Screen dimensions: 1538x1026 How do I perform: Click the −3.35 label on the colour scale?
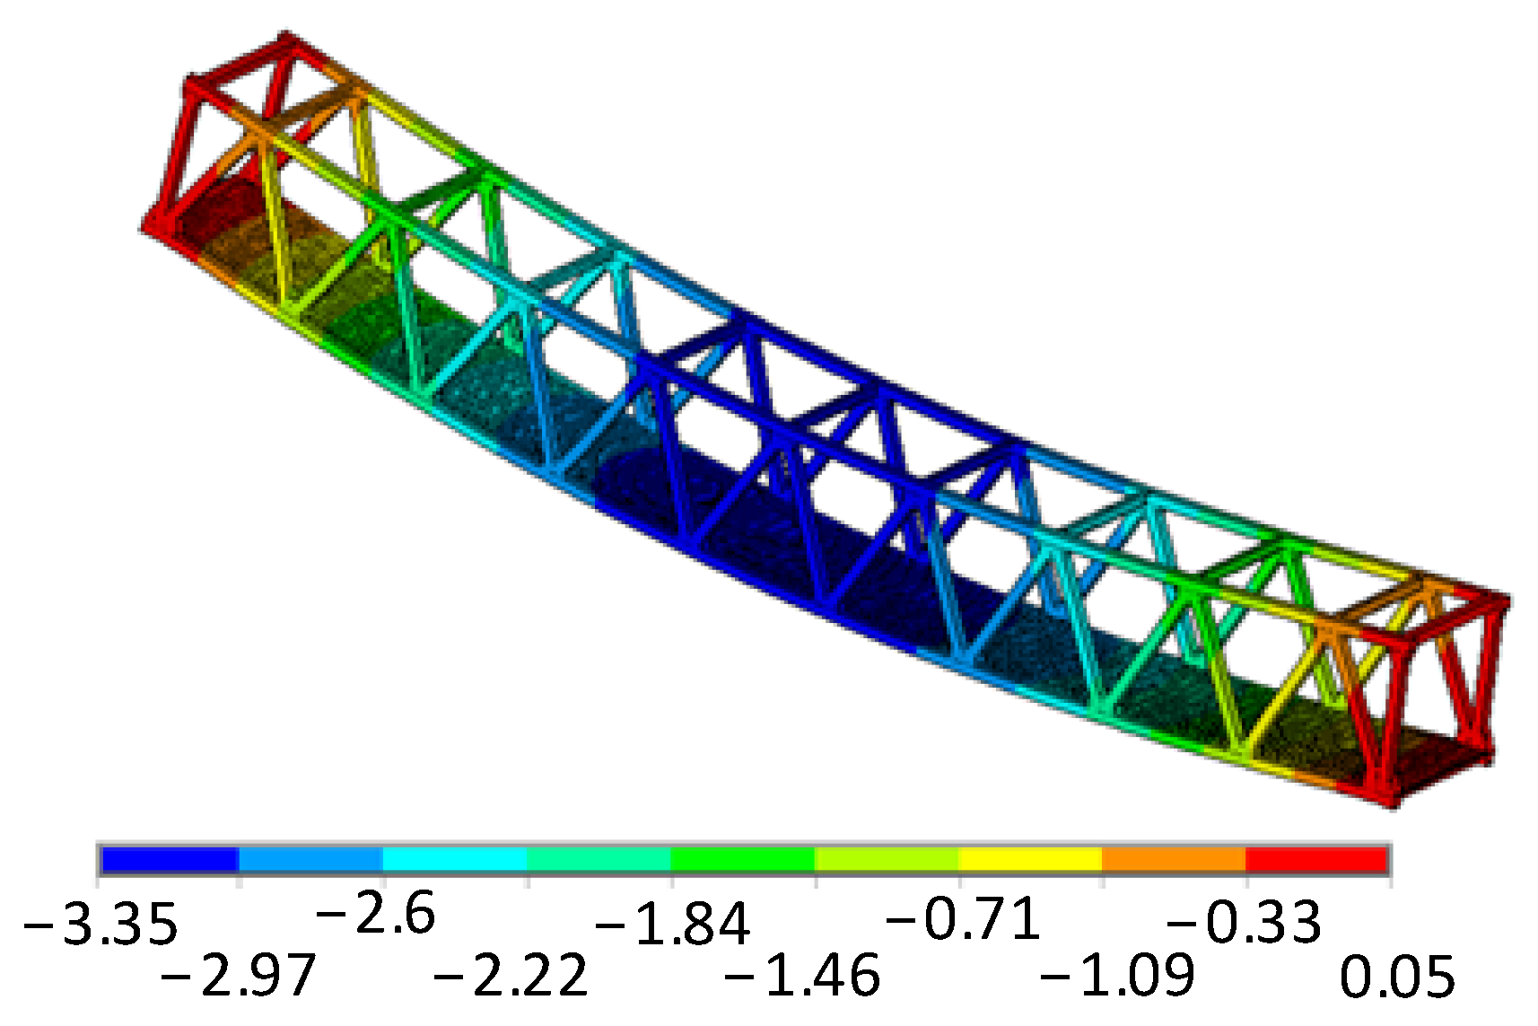(100, 923)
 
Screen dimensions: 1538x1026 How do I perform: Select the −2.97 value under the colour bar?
(238, 975)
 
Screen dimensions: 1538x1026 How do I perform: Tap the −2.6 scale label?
(376, 914)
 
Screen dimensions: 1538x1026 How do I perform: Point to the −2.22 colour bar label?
(511, 975)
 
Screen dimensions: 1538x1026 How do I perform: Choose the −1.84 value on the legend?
(672, 923)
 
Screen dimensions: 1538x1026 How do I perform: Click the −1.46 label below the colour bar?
(802, 975)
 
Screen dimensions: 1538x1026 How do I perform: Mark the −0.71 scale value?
(963, 919)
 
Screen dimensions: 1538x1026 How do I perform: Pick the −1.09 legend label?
(1117, 975)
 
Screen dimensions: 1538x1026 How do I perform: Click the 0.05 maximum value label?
(1397, 975)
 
